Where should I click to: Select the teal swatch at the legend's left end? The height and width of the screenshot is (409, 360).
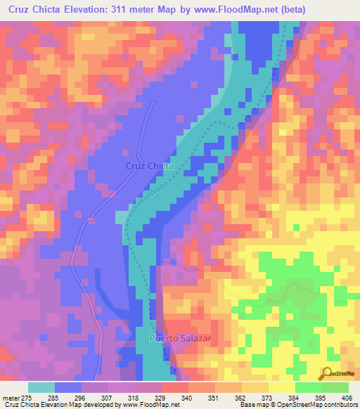[41, 387]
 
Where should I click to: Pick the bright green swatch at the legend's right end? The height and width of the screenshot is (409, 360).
[335, 387]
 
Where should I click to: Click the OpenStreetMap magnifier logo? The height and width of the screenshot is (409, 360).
[328, 374]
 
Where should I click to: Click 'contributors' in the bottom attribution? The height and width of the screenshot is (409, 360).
[341, 405]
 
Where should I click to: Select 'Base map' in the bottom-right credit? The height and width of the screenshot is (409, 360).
[254, 405]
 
